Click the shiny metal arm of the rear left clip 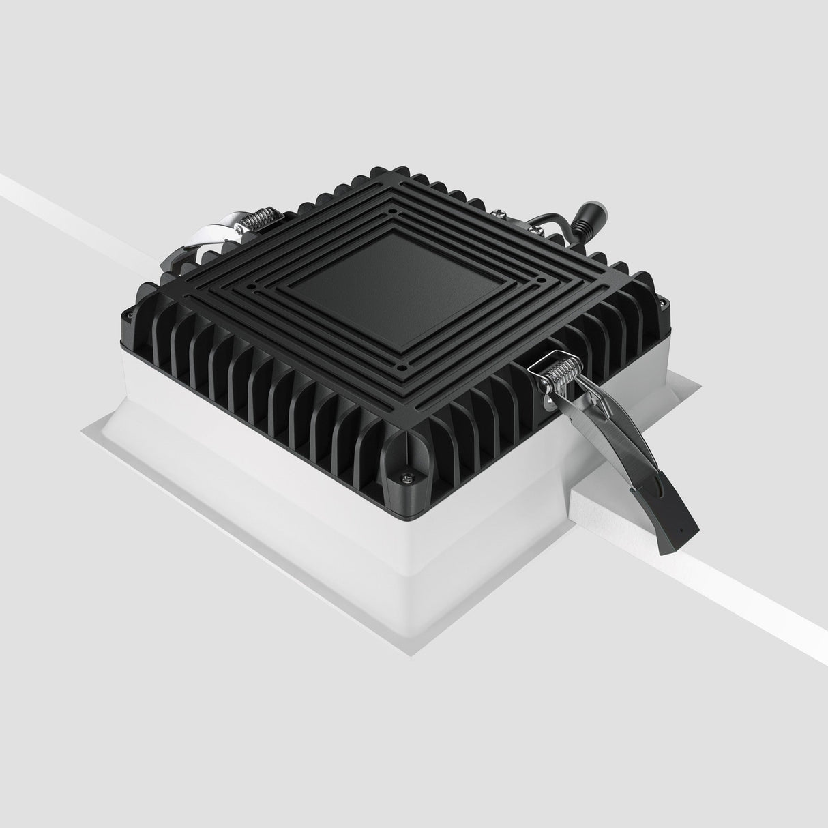click(x=218, y=232)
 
